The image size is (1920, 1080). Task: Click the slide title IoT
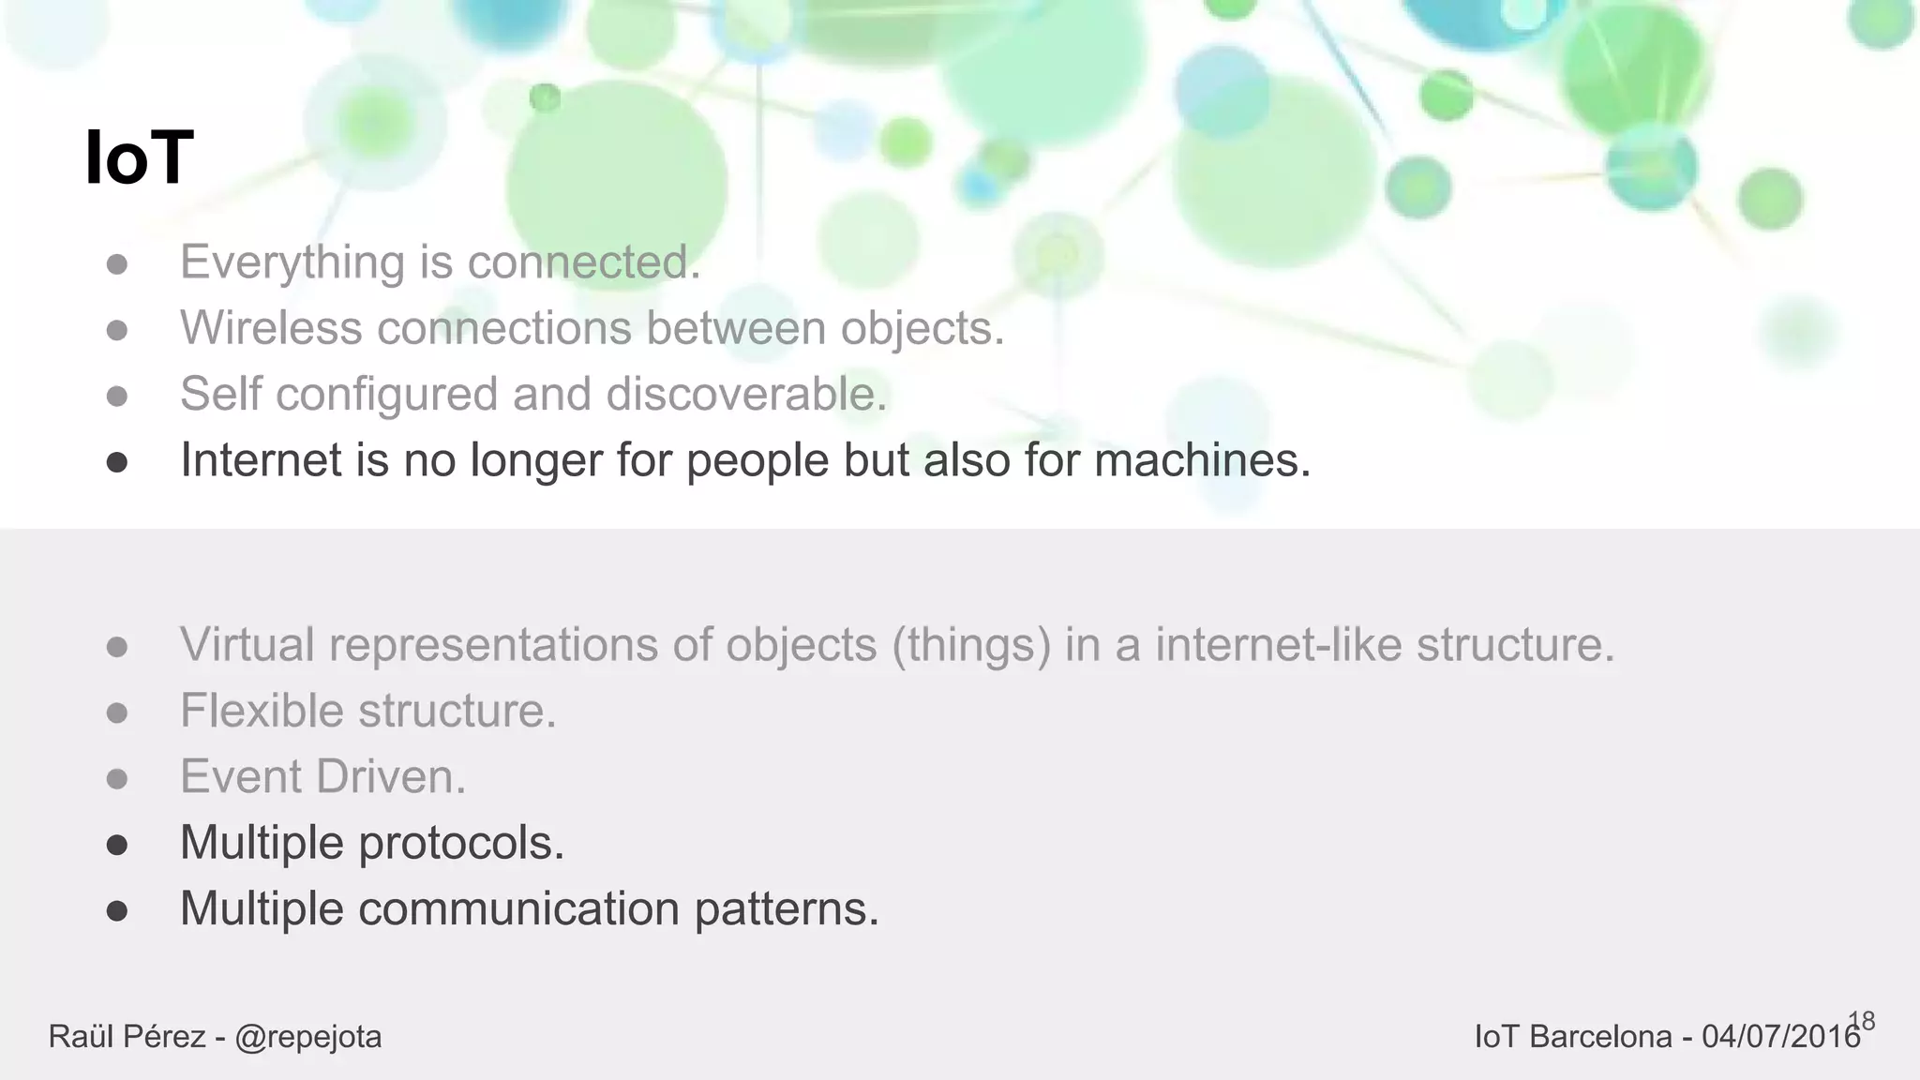pyautogui.click(x=139, y=157)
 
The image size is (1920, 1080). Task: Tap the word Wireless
pyautogui.click(x=271, y=328)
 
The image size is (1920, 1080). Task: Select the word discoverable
pyautogui.click(x=746, y=394)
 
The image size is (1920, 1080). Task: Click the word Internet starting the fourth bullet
pyautogui.click(x=260, y=460)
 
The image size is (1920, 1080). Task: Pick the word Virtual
pyautogui.click(x=247, y=645)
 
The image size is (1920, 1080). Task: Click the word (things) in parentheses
pyautogui.click(x=970, y=645)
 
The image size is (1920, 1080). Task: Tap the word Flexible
pyautogui.click(x=262, y=711)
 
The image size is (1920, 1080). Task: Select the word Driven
pyautogui.click(x=391, y=777)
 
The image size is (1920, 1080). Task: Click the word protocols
pyautogui.click(x=461, y=843)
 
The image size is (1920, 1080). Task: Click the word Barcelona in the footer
pyautogui.click(x=1600, y=1037)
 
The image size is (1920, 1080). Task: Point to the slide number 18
pyautogui.click(x=1862, y=1021)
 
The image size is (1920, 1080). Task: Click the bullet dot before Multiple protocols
pyautogui.click(x=117, y=845)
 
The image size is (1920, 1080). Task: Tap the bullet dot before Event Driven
pyautogui.click(x=117, y=779)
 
